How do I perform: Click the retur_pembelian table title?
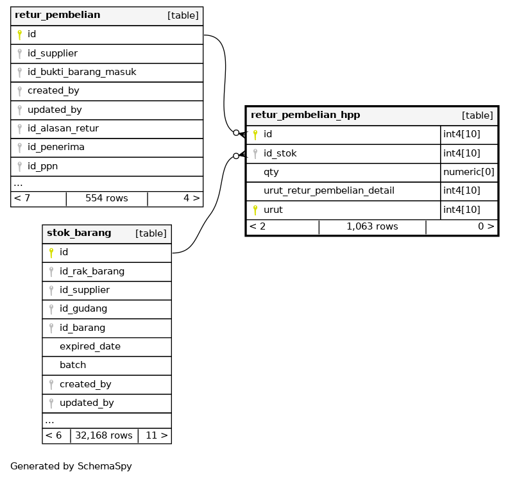(57, 15)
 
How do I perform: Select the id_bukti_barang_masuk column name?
(81, 72)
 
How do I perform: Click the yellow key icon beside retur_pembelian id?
(19, 35)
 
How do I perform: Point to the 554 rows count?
(106, 199)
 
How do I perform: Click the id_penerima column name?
(56, 147)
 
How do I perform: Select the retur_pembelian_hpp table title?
(305, 115)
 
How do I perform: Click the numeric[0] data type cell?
(469, 172)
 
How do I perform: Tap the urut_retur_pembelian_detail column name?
(328, 191)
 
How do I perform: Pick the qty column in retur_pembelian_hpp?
(271, 172)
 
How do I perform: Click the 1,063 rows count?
(372, 227)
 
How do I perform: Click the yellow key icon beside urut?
(255, 210)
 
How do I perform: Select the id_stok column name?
(280, 154)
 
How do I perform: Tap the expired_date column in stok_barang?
(90, 347)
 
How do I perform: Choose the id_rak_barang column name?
(92, 272)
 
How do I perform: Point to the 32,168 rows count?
(104, 436)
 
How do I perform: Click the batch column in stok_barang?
(72, 366)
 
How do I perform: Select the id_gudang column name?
(83, 309)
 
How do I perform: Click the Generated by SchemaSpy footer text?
(71, 467)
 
